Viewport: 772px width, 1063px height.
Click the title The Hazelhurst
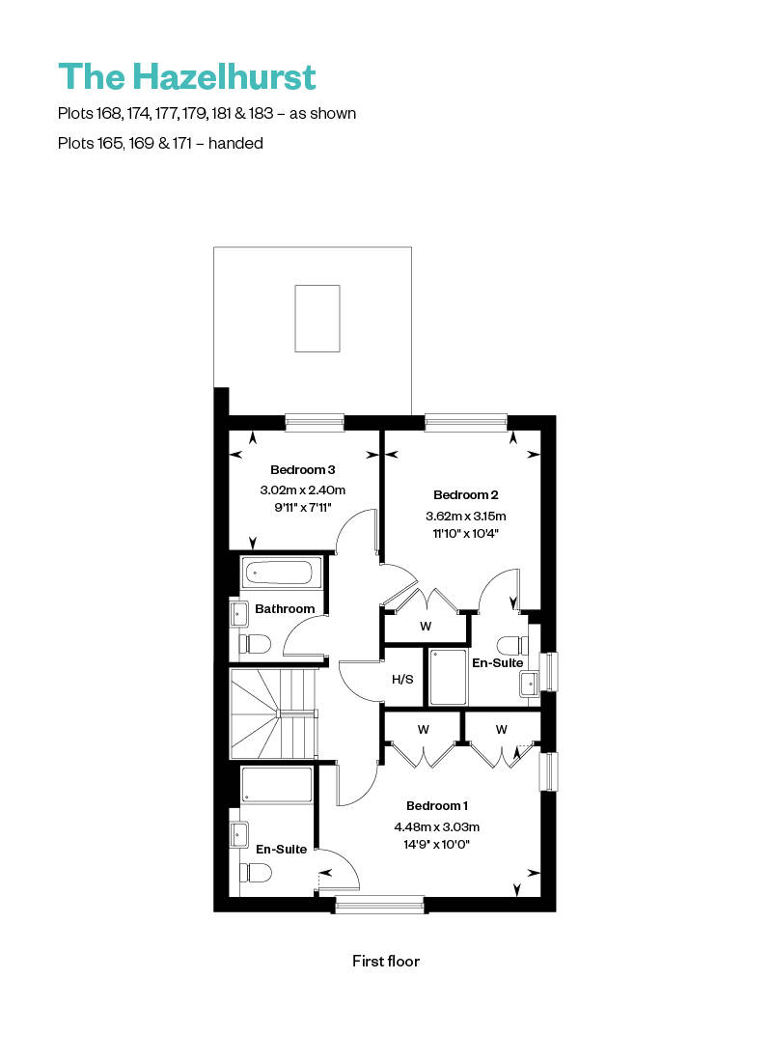pos(187,76)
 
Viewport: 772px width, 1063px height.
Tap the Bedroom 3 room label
pos(302,470)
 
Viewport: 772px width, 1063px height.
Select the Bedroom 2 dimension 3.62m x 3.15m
pos(466,516)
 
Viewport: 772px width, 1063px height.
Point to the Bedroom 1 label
pos(437,806)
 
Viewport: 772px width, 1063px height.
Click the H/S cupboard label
pos(402,679)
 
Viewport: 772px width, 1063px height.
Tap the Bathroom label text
pos(285,608)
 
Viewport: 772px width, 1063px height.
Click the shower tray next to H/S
pos(448,677)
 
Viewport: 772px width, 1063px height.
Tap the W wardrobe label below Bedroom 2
pos(426,626)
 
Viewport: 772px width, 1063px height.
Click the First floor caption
pos(386,961)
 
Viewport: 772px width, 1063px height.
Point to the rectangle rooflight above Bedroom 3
pos(317,319)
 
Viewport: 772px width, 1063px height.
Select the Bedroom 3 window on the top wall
pos(315,421)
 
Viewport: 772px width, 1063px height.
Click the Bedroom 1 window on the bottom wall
pos(379,905)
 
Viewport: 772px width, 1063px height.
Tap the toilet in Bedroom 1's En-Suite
pos(255,873)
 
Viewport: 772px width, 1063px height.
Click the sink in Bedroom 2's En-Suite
pos(530,683)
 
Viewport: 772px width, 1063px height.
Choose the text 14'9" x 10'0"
pos(436,844)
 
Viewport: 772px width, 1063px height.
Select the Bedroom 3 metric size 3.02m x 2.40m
pos(302,490)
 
